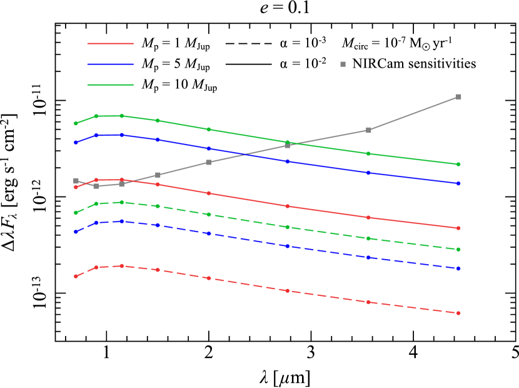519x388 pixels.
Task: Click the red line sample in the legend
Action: (x=111, y=43)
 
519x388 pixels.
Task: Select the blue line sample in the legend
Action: (x=111, y=64)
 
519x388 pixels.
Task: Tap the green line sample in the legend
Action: (x=111, y=84)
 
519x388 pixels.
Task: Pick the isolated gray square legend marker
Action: (x=343, y=64)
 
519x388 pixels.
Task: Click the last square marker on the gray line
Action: (x=458, y=97)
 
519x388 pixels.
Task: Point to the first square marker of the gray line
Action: (x=76, y=181)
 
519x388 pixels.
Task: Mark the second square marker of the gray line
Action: (x=96, y=186)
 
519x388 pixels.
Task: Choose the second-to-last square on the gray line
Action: (x=368, y=130)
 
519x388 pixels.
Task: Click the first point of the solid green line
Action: (x=76, y=123)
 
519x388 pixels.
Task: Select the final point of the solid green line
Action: (x=458, y=165)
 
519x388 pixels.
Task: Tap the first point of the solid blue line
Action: (x=76, y=143)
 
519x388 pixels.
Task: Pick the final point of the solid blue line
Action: (x=458, y=183)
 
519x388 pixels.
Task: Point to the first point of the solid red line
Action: (x=76, y=187)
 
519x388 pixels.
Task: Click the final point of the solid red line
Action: (x=458, y=228)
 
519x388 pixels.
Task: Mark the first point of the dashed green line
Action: (x=76, y=213)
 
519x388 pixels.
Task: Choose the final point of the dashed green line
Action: (x=458, y=249)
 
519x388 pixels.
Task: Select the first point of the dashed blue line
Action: (x=76, y=232)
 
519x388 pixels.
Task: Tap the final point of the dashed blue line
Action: (x=458, y=268)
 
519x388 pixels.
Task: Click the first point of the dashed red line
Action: (x=76, y=276)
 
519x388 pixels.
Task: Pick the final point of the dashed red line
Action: (x=458, y=313)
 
